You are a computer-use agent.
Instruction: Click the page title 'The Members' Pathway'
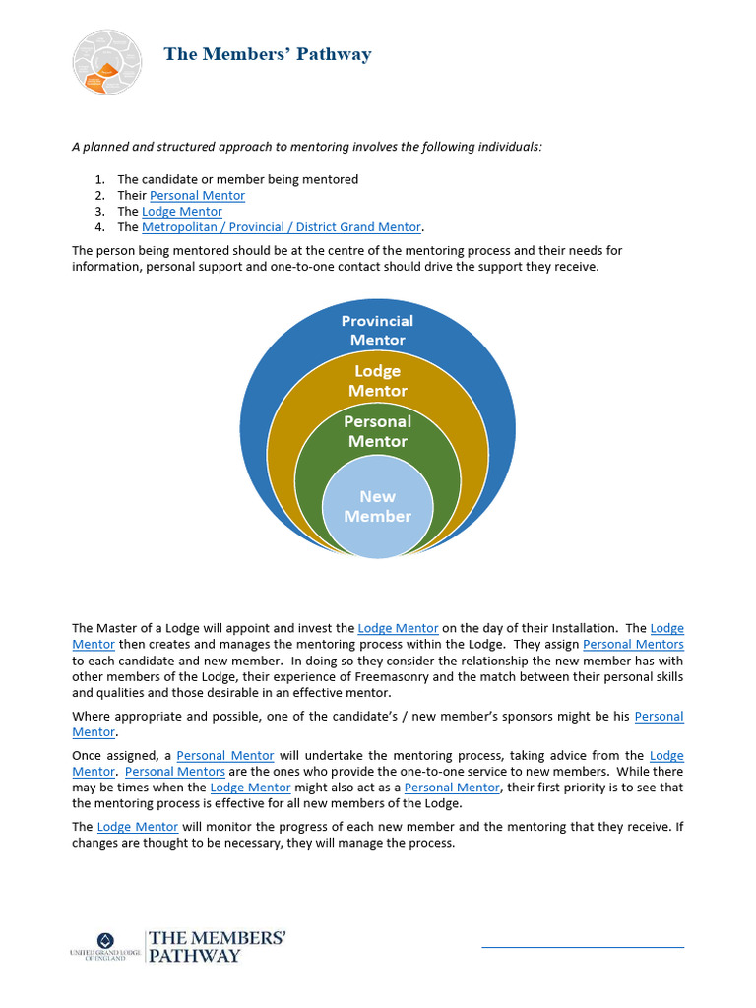point(268,54)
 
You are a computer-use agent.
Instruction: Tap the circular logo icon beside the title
point(107,62)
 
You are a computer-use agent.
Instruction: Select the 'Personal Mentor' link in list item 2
point(197,196)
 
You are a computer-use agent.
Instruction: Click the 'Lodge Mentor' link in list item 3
point(182,212)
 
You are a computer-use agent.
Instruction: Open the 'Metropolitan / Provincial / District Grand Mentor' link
point(282,227)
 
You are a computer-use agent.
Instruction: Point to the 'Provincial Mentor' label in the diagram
point(377,330)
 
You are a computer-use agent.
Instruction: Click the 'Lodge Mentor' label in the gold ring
point(377,381)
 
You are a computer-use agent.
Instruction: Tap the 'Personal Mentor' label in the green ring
point(377,431)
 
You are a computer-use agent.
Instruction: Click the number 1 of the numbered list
point(99,180)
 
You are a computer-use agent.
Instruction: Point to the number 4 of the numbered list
point(99,227)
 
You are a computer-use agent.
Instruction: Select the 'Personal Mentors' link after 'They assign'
point(633,645)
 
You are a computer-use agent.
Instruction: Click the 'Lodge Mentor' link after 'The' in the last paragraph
point(138,827)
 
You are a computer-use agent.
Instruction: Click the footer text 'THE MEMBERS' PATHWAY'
point(217,946)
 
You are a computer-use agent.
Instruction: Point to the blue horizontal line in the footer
point(582,947)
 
